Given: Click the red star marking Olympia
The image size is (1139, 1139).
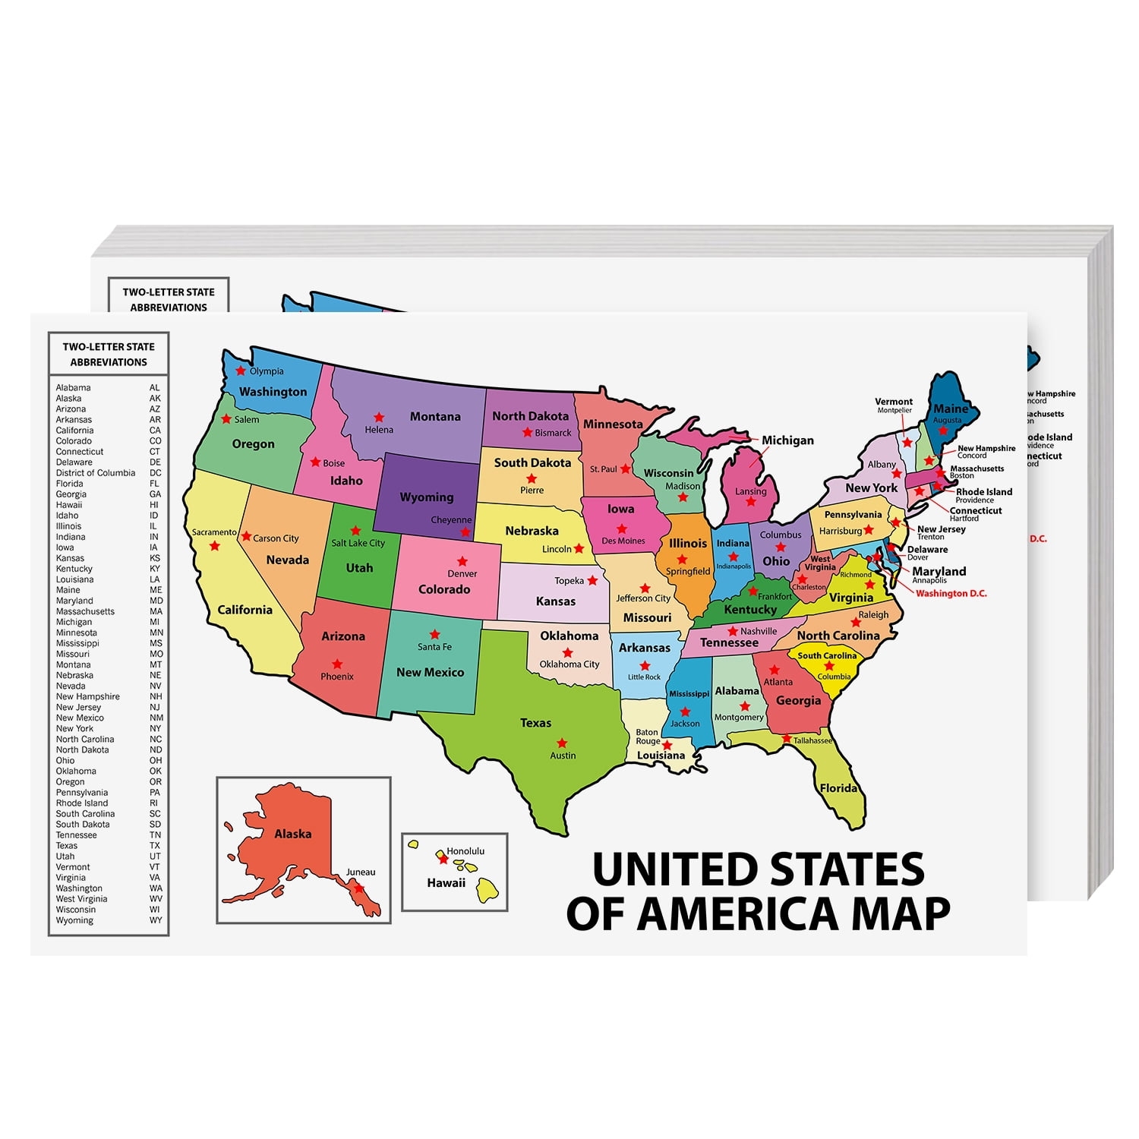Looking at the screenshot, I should tap(241, 371).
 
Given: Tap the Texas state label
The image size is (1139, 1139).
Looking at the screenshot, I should tap(535, 723).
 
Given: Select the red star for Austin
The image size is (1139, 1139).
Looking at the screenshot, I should tap(562, 743).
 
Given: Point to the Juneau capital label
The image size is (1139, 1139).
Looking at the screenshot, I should tap(361, 872).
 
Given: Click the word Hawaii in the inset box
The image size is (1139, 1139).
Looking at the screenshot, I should tap(446, 883).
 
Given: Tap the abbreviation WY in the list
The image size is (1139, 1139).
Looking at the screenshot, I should tap(156, 920).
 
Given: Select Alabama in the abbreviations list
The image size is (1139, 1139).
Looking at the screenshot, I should tap(73, 388).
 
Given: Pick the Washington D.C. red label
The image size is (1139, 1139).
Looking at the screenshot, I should tap(951, 594).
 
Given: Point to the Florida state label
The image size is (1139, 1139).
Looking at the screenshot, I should tap(838, 788).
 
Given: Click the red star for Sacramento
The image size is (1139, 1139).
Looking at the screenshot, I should tap(215, 546).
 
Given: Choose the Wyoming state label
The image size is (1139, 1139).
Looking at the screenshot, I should tap(426, 497).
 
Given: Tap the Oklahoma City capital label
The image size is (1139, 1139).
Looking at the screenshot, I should tap(569, 664).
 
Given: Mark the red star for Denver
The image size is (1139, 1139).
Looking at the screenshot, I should tap(462, 562).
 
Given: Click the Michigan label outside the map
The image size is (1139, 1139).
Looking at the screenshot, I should tap(787, 440).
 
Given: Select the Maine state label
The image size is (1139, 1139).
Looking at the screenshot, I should tap(951, 409).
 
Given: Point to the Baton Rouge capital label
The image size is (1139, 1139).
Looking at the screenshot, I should tap(648, 737).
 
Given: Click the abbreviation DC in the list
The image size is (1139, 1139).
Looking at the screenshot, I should tap(156, 473).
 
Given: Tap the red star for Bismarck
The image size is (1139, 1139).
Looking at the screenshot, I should tap(527, 433).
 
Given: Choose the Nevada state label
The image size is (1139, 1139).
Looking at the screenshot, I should tap(287, 560).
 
